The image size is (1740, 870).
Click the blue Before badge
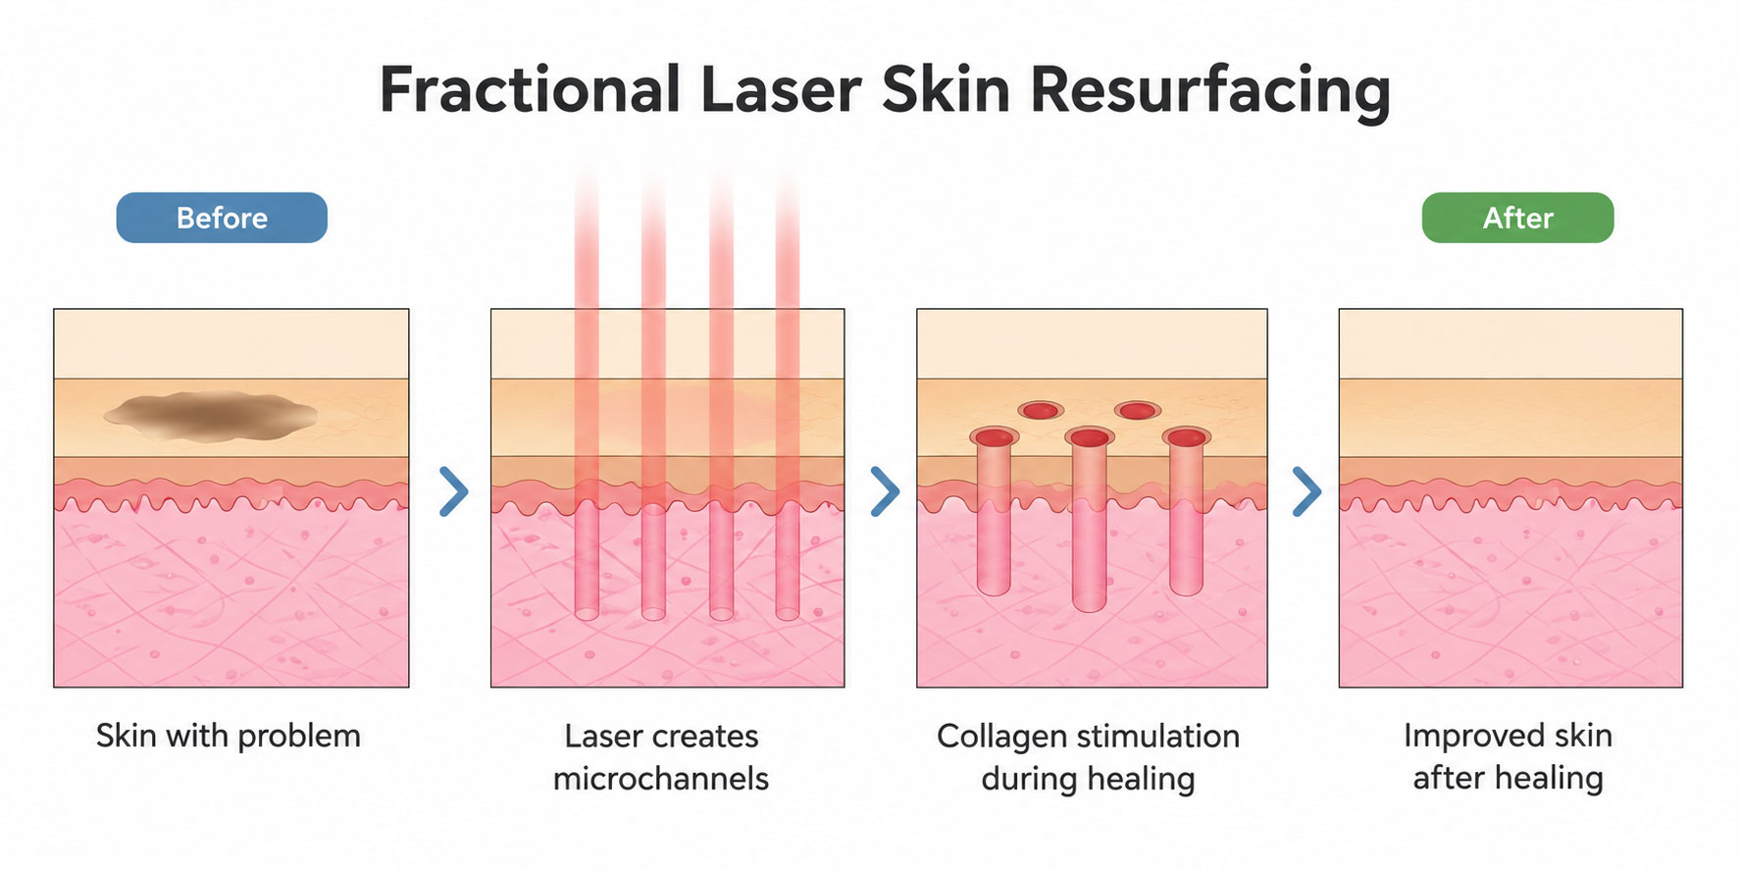point(222,218)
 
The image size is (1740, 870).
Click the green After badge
point(1517,218)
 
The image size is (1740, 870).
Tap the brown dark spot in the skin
point(210,414)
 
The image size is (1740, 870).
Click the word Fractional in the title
point(530,90)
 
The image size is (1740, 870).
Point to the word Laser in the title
point(781,90)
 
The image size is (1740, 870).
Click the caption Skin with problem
point(229,736)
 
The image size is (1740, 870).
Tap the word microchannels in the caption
point(661,779)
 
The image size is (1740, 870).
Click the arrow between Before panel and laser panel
point(453,491)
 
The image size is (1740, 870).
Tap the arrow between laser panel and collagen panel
point(885,491)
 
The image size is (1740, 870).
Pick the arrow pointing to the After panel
point(1306,491)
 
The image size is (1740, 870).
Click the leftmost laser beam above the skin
point(587,240)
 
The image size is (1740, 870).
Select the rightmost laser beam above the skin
point(788,240)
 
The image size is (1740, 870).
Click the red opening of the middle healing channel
point(1089,436)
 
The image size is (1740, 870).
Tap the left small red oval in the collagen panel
point(1041,410)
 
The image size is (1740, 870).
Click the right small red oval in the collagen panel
point(1137,410)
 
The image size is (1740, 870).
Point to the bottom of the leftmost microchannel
point(587,613)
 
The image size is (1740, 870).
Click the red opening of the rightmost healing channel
point(1186,436)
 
